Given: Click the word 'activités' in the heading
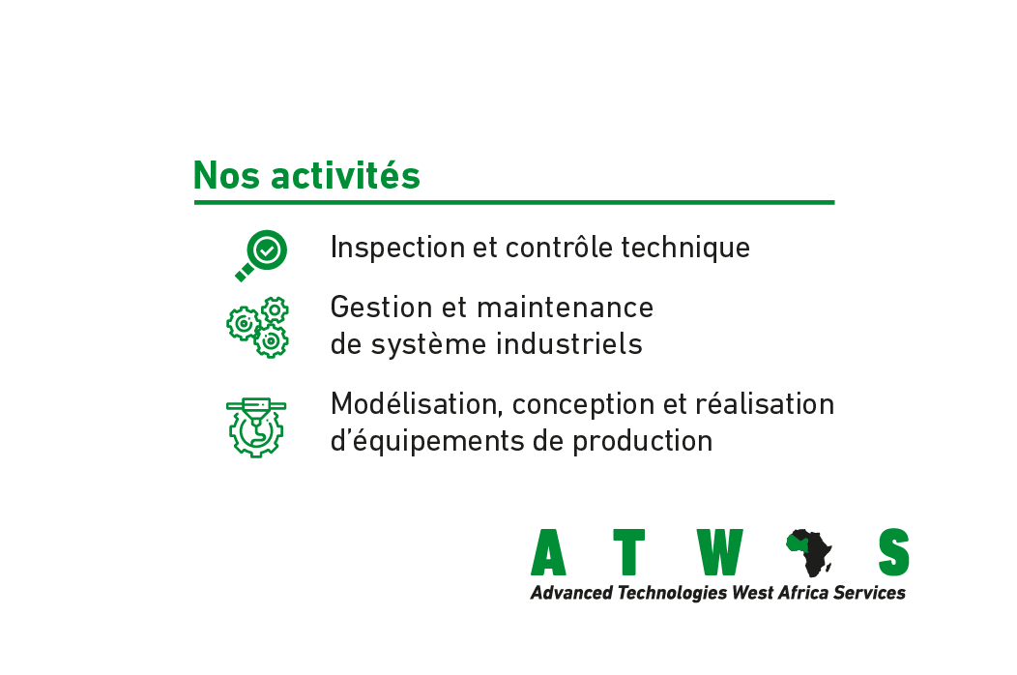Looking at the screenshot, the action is pyautogui.click(x=346, y=175).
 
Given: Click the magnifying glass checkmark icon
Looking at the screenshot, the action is pyautogui.click(x=261, y=255).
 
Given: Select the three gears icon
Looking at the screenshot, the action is pyautogui.click(x=257, y=327).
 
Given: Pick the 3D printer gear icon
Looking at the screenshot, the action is pyautogui.click(x=256, y=427).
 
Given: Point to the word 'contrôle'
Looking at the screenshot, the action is pyautogui.click(x=559, y=248).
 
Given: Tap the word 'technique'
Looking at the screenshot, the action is pyautogui.click(x=684, y=248).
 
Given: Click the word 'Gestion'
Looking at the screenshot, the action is pyautogui.click(x=381, y=307).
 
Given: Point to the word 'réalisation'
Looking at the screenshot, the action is pyautogui.click(x=765, y=403).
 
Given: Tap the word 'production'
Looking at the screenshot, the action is pyautogui.click(x=642, y=441).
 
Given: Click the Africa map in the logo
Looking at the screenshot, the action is pyautogui.click(x=809, y=552).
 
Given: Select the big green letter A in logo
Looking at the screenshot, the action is pyautogui.click(x=549, y=552).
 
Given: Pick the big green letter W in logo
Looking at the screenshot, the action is pyautogui.click(x=719, y=552).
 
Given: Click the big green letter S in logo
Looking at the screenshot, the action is pyautogui.click(x=894, y=552).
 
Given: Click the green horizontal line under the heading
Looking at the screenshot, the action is pyautogui.click(x=514, y=202).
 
